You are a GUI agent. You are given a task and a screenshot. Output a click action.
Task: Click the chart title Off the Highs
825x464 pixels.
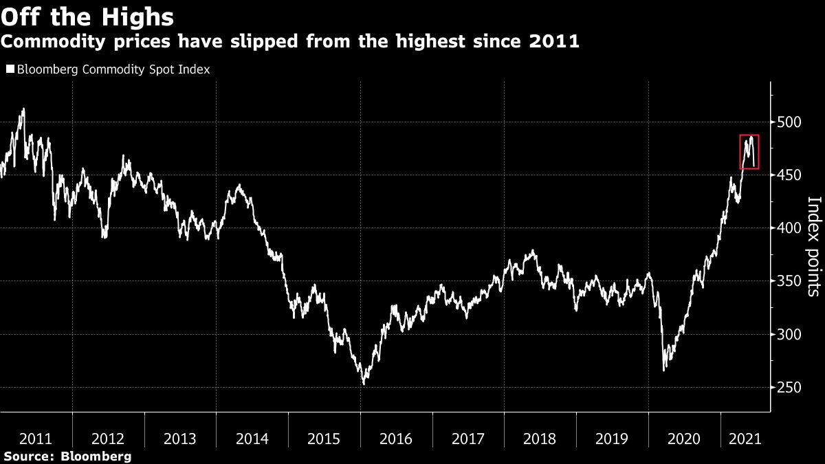[x=87, y=15]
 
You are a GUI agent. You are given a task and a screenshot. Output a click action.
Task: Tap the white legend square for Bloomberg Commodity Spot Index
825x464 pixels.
[x=10, y=69]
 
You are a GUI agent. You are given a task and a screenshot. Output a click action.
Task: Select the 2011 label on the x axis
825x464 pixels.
[x=36, y=439]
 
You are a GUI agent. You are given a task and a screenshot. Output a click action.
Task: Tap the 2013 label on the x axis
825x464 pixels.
[x=180, y=439]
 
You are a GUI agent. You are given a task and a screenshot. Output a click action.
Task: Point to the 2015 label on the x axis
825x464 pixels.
[x=324, y=439]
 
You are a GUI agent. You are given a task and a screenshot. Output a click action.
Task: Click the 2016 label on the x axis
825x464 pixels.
[x=396, y=439]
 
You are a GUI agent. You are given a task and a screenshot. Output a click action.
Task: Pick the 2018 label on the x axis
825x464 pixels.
[x=540, y=439]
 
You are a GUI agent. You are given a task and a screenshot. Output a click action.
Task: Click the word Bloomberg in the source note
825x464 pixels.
[x=96, y=456]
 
